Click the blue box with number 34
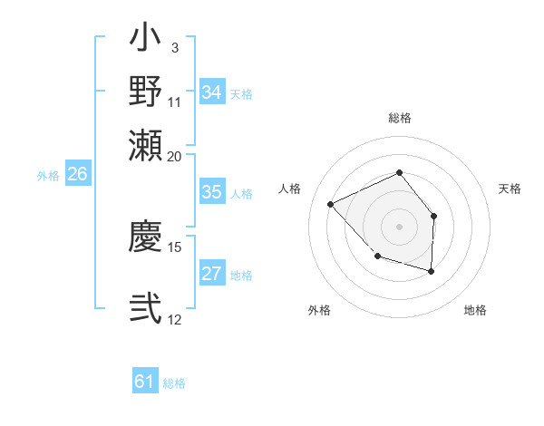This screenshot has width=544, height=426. pyautogui.click(x=212, y=92)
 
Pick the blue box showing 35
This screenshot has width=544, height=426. pyautogui.click(x=212, y=192)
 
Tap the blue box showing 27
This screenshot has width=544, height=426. pyautogui.click(x=212, y=275)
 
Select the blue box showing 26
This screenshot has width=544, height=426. pyautogui.click(x=77, y=175)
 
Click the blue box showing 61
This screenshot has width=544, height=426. pyautogui.click(x=145, y=382)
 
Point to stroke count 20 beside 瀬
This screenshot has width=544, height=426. pyautogui.click(x=175, y=155)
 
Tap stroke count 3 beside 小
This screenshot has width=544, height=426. pyautogui.click(x=174, y=46)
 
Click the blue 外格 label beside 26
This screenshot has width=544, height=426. pyautogui.click(x=48, y=176)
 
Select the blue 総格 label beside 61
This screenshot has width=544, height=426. pyautogui.click(x=174, y=383)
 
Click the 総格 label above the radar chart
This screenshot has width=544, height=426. pyautogui.click(x=399, y=118)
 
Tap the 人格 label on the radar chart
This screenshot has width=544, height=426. pyautogui.click(x=290, y=189)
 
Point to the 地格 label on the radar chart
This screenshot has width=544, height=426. pyautogui.click(x=475, y=310)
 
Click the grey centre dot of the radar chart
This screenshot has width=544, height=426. pyautogui.click(x=399, y=226)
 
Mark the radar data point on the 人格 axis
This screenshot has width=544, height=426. pyautogui.click(x=331, y=204)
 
